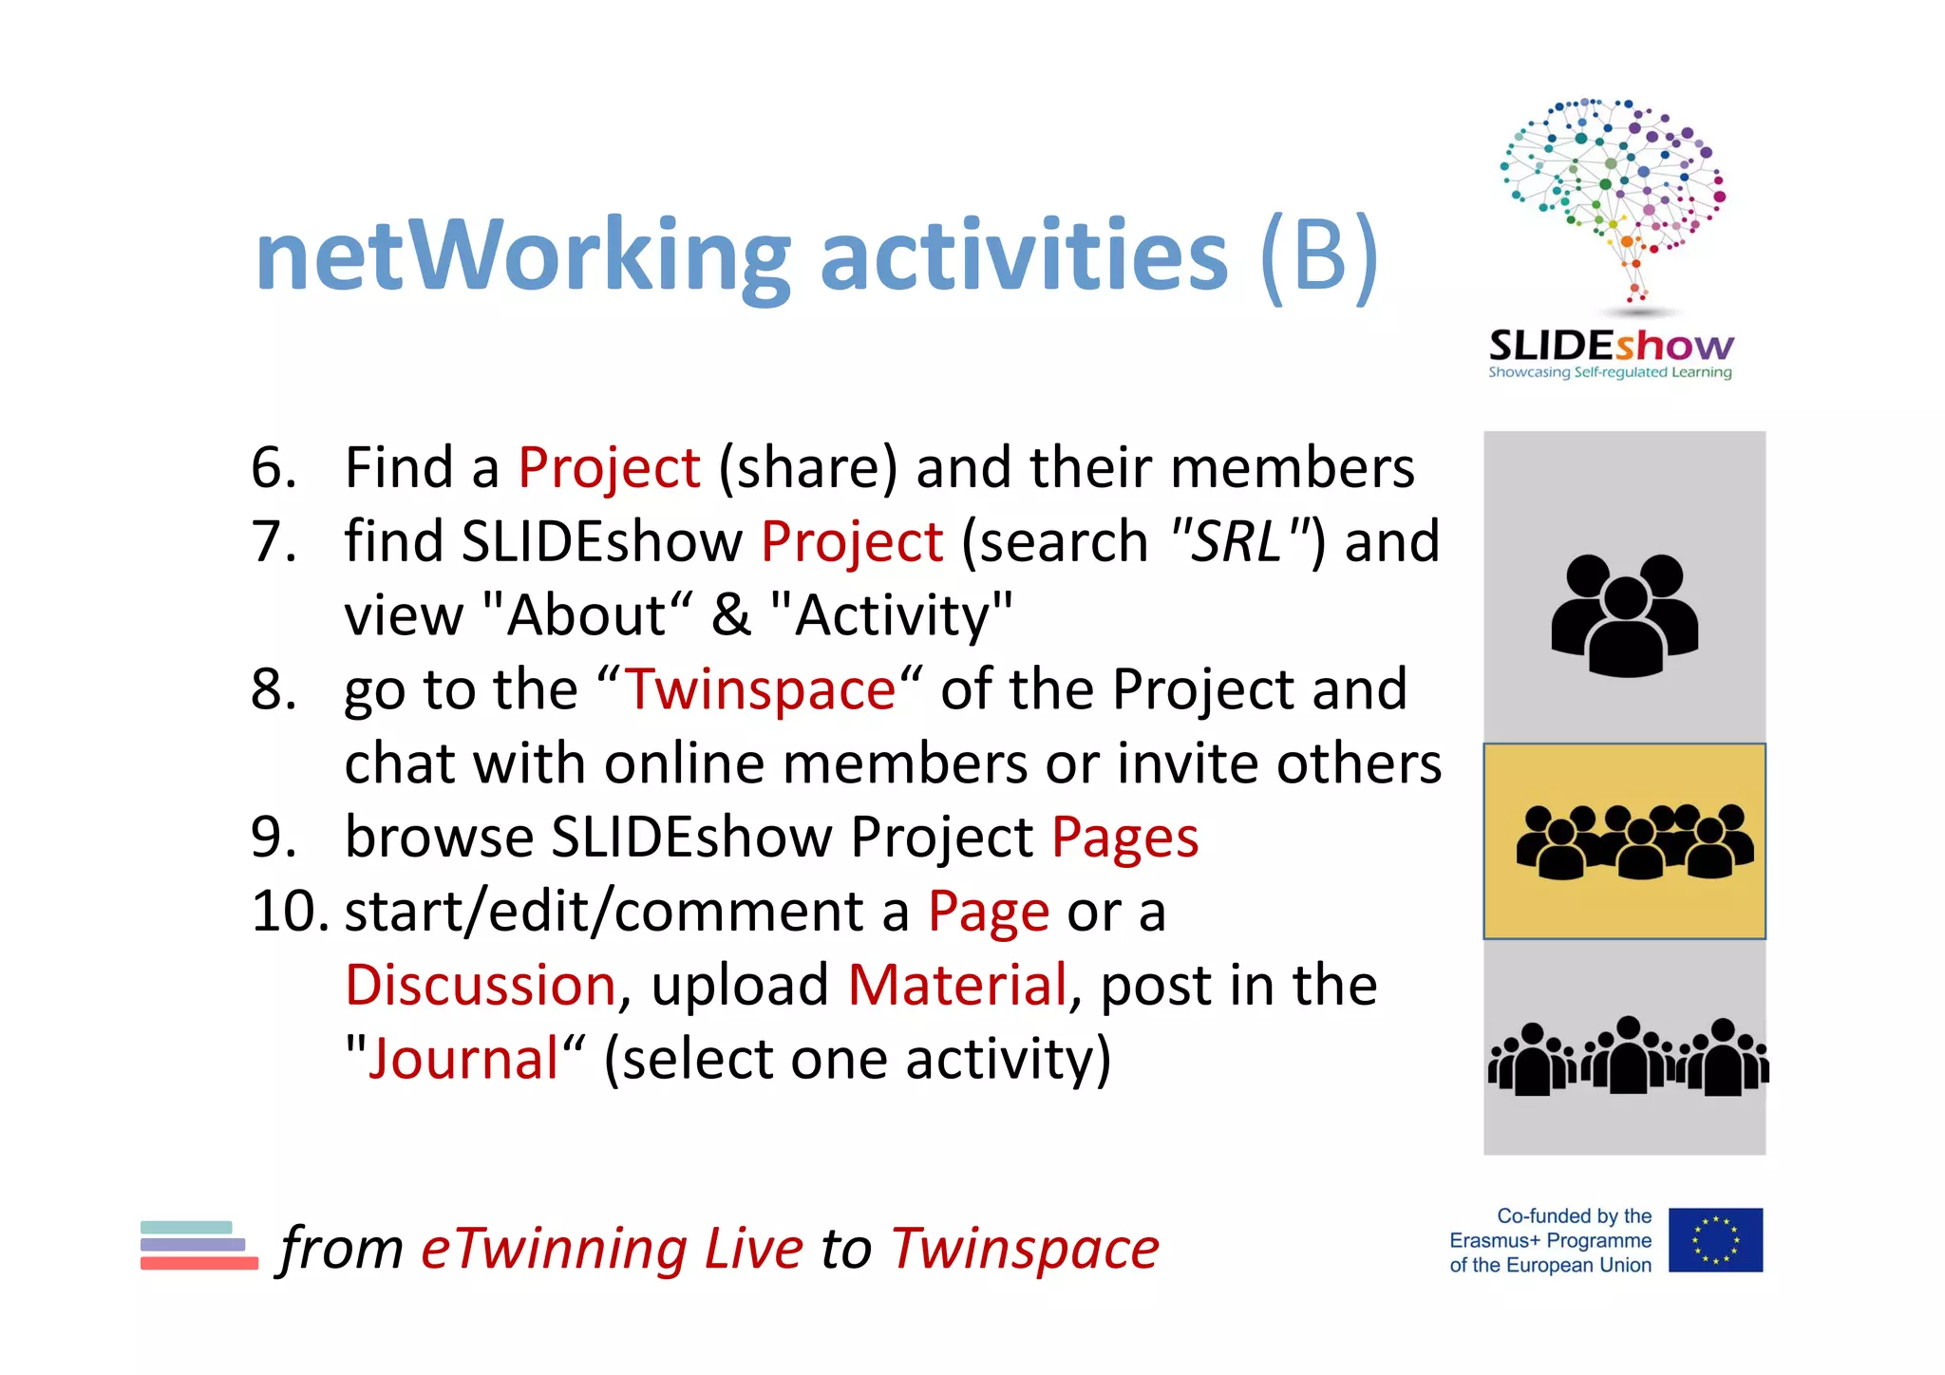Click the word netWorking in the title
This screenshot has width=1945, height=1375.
[x=523, y=256]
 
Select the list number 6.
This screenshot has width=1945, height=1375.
[x=274, y=467]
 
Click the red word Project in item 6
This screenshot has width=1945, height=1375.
[x=609, y=467]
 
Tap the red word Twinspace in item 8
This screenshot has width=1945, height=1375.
[x=760, y=689]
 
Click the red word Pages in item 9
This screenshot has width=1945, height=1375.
[x=1124, y=838]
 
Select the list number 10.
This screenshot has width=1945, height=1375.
[x=290, y=911]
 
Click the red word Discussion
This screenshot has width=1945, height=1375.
[x=481, y=985]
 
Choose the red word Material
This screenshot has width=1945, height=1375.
[x=957, y=985]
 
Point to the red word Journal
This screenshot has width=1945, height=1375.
[x=464, y=1059]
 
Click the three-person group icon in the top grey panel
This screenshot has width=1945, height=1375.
[x=1624, y=615]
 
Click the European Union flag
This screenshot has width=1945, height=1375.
[x=1715, y=1240]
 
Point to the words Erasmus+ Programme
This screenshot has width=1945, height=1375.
[x=1550, y=1240]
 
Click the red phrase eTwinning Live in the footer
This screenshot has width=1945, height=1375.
[x=612, y=1249]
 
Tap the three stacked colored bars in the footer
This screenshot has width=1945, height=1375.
[x=198, y=1245]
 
